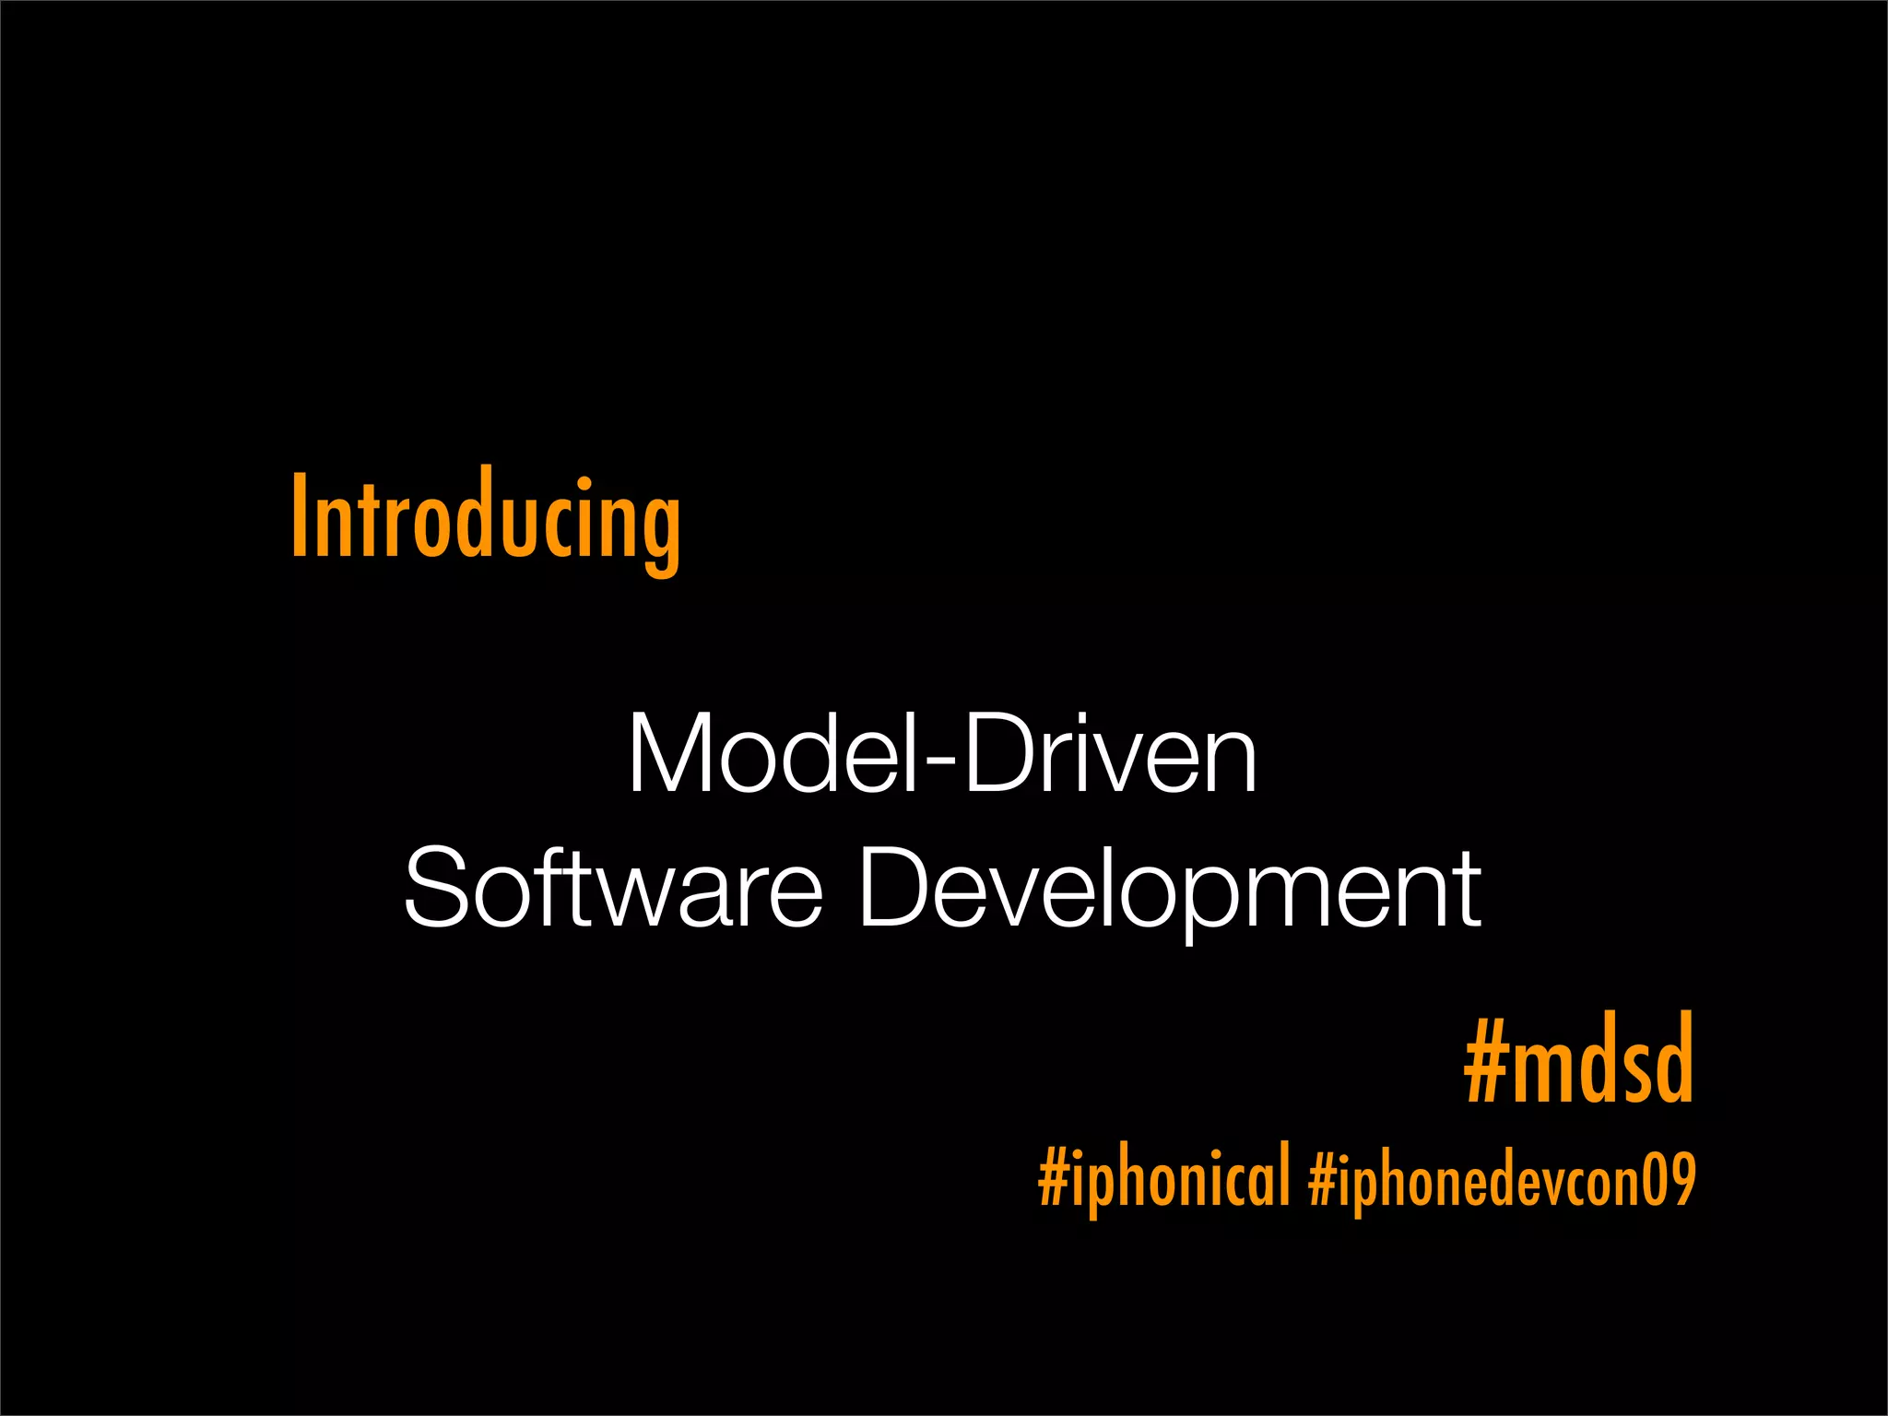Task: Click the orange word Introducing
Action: [486, 519]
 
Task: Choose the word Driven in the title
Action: [1110, 754]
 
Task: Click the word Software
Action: [613, 888]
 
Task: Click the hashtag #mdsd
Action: [1578, 1060]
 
